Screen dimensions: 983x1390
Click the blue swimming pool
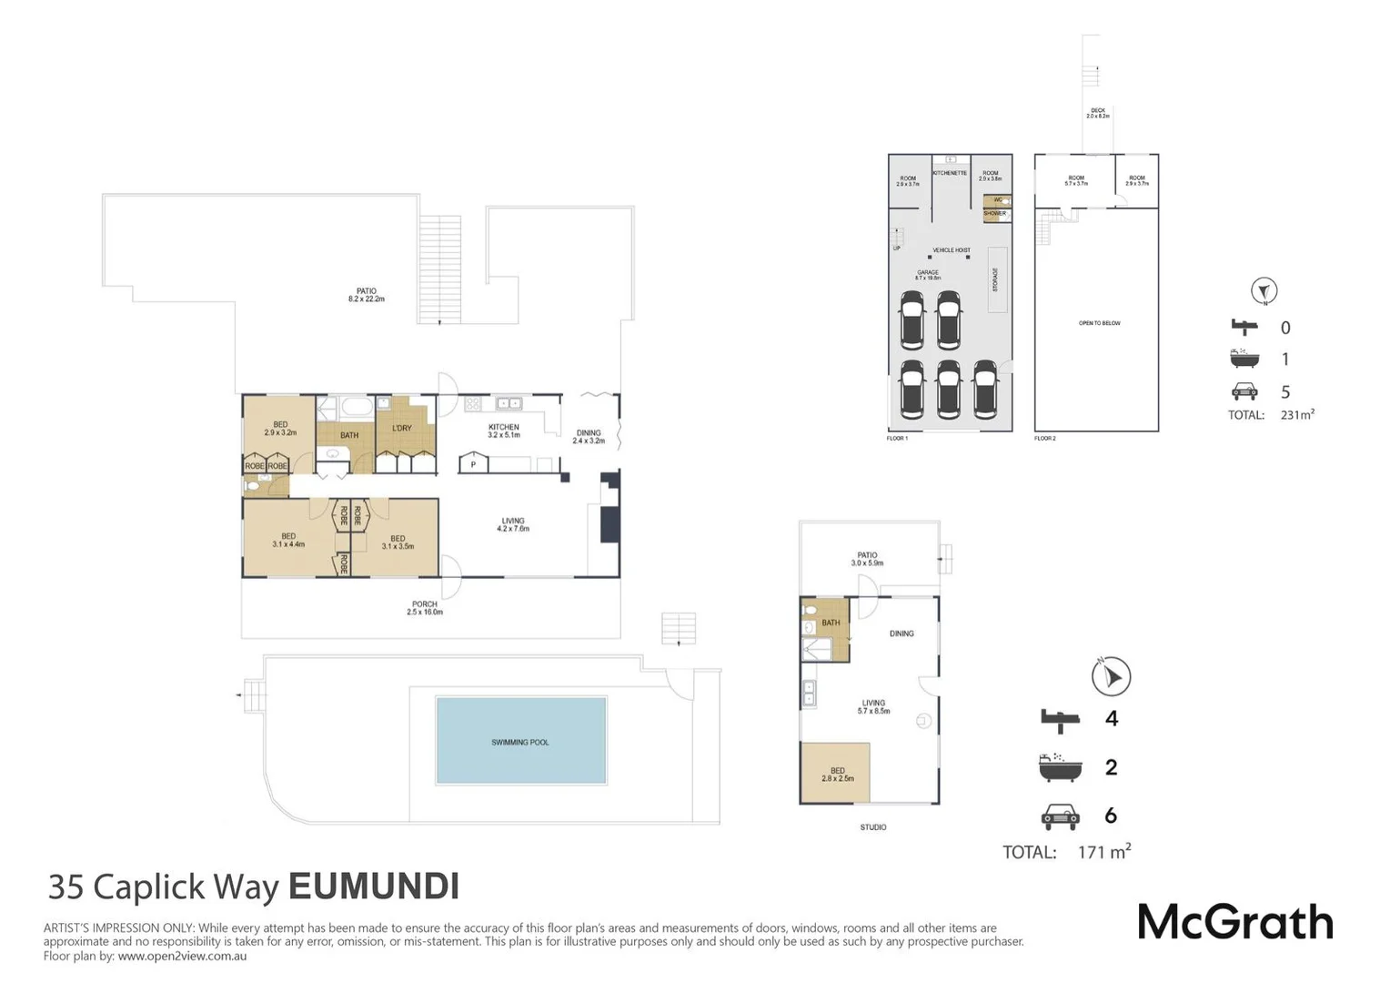[521, 740]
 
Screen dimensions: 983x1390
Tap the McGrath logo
[1234, 923]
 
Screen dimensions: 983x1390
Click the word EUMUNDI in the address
[373, 887]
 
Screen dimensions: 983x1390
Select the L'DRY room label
[402, 428]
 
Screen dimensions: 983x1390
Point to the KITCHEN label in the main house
[504, 427]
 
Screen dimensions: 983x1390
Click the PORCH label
[425, 604]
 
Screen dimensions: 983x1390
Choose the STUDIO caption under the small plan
[873, 827]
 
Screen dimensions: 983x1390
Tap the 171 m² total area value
[1103, 852]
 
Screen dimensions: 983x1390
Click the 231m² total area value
[1296, 415]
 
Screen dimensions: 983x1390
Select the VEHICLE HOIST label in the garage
[952, 250]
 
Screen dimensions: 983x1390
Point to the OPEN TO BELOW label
[1099, 323]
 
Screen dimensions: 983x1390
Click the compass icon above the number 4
[1111, 676]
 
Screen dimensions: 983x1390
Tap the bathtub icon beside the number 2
[1060, 767]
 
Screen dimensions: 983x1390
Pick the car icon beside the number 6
[1060, 816]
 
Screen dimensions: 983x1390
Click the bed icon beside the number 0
[1244, 328]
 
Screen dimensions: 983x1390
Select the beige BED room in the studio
[835, 773]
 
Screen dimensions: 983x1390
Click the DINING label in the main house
[589, 433]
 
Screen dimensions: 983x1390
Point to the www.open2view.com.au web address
[182, 956]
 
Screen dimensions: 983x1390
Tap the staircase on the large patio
[440, 269]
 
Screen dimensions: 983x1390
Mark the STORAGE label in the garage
[996, 279]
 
